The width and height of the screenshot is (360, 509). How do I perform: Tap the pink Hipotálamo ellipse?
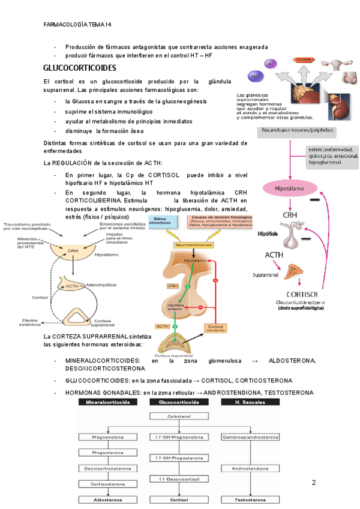pos(290,188)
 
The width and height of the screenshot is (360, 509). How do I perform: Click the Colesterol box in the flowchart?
pos(175,415)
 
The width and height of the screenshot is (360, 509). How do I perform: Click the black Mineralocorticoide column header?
pos(108,402)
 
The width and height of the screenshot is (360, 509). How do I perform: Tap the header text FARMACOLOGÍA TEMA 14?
pos(78,25)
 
